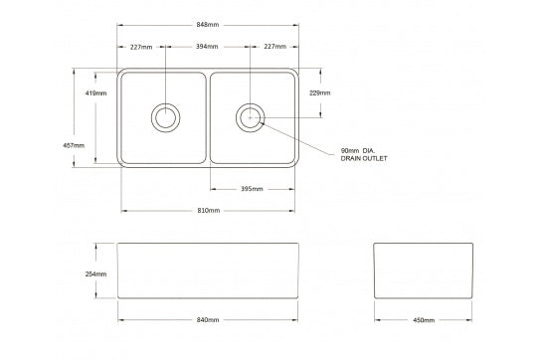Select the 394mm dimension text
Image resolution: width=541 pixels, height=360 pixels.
click(208, 47)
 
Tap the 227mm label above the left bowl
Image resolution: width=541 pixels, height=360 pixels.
click(141, 47)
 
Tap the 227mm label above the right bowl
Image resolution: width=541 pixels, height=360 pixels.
click(275, 47)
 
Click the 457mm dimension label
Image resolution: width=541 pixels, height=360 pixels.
click(74, 145)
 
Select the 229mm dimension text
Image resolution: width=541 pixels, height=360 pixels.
click(320, 92)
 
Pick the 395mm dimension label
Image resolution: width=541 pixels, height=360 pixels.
click(252, 189)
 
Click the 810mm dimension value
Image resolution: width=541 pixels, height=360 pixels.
click(208, 211)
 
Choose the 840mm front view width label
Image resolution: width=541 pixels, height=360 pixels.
click(208, 320)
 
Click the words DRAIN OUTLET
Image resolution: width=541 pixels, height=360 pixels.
click(363, 159)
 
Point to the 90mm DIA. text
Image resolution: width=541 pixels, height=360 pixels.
click(360, 151)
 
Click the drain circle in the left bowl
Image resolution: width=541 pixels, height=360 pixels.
click(165, 116)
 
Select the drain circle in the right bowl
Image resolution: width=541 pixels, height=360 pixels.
click(250, 116)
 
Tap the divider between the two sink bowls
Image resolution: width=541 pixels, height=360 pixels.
click(208, 117)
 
